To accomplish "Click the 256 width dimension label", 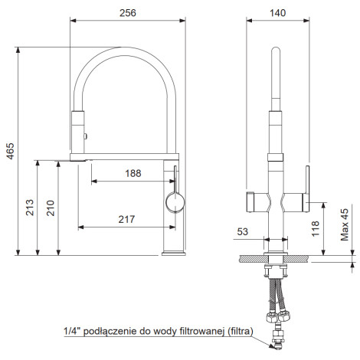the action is [x=128, y=13].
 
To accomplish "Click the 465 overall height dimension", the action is [x=11, y=151].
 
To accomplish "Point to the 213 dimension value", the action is [x=30, y=208].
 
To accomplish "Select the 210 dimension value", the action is [x=51, y=208].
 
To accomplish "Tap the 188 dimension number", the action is [x=133, y=173].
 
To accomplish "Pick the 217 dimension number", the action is [x=126, y=219].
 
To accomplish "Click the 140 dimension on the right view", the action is [x=277, y=13].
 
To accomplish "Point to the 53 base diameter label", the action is [x=243, y=231].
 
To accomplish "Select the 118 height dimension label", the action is [x=316, y=228].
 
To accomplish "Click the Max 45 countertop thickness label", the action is [x=345, y=224].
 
